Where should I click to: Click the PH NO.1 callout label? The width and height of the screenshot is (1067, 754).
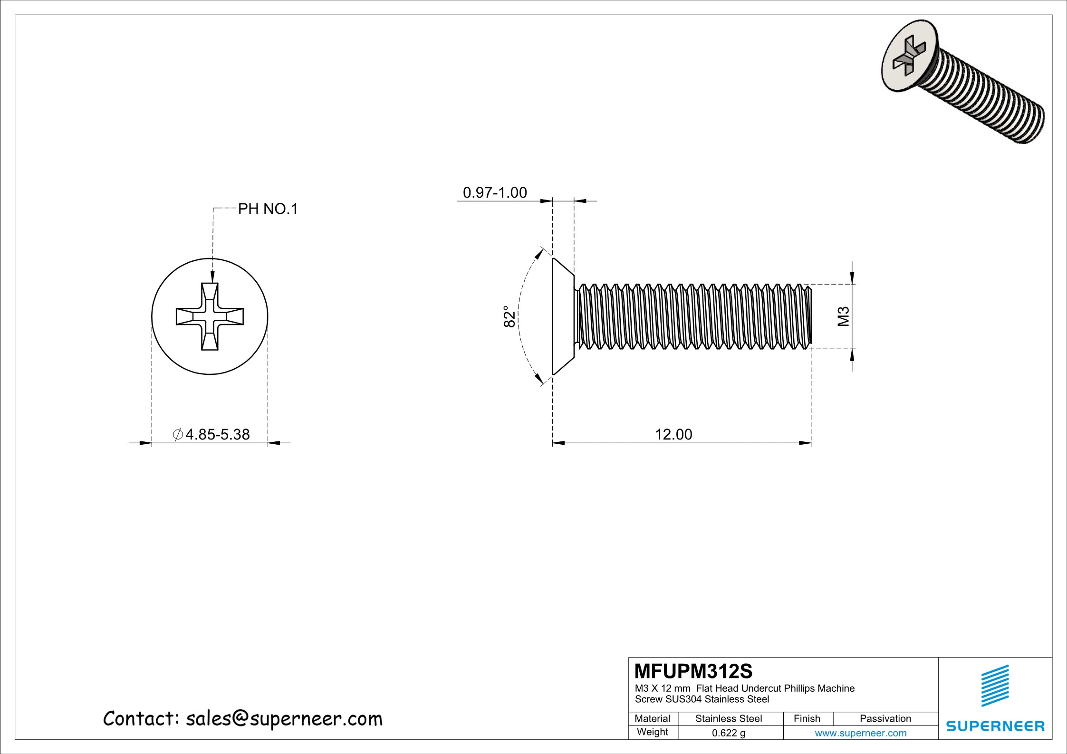point(268,209)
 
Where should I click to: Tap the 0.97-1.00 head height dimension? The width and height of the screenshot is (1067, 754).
point(495,192)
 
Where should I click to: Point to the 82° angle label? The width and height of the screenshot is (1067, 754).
point(509,316)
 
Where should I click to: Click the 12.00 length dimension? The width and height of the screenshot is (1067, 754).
point(673,434)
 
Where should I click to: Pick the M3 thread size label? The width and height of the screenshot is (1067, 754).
point(843,316)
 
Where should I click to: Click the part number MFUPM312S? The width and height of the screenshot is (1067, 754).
point(693,671)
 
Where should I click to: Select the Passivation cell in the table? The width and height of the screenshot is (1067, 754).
point(885,719)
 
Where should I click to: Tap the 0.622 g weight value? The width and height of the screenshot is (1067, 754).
point(728,733)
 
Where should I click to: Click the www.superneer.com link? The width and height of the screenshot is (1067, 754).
point(860,733)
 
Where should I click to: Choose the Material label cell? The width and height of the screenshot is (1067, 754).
point(652,719)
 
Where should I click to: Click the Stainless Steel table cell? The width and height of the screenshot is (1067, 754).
point(728,719)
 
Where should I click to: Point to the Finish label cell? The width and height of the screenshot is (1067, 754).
point(807,719)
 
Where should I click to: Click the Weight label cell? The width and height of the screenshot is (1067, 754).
point(652,732)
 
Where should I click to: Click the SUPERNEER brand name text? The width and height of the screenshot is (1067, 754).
point(995,726)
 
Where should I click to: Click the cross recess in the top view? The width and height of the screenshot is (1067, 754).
point(210,316)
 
